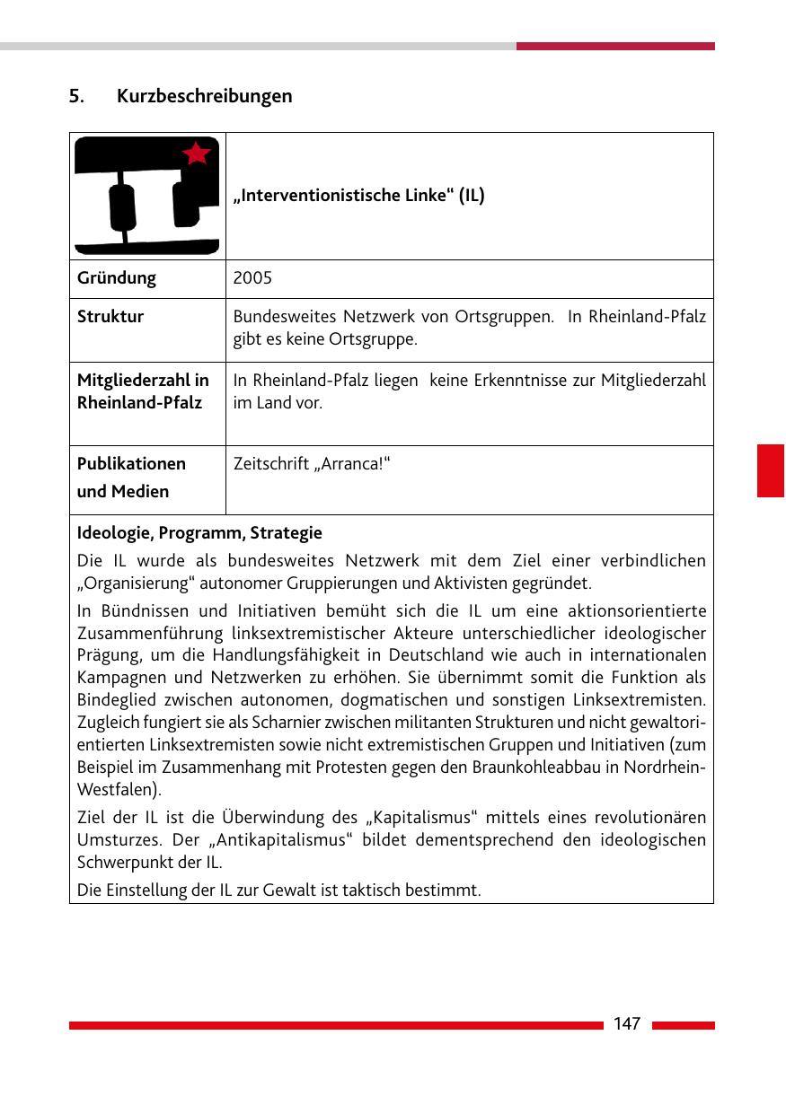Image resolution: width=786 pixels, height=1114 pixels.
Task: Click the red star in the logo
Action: click(x=196, y=154)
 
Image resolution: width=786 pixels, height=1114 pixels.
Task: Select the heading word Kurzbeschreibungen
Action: click(x=204, y=95)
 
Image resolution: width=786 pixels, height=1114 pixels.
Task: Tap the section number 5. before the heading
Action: click(x=77, y=95)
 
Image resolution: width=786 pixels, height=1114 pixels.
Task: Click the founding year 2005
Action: click(x=252, y=278)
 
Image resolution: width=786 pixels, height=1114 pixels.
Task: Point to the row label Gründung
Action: click(x=116, y=278)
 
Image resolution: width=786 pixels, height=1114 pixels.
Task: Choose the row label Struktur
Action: click(x=110, y=317)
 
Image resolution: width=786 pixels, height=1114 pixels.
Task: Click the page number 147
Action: click(x=627, y=1024)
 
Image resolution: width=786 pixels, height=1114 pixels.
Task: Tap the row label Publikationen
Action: click(x=131, y=464)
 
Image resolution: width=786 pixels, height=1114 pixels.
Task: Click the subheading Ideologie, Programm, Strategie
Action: click(x=199, y=533)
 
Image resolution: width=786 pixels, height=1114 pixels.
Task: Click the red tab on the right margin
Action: click(x=770, y=469)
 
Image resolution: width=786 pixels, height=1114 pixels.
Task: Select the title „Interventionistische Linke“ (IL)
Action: click(x=358, y=196)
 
